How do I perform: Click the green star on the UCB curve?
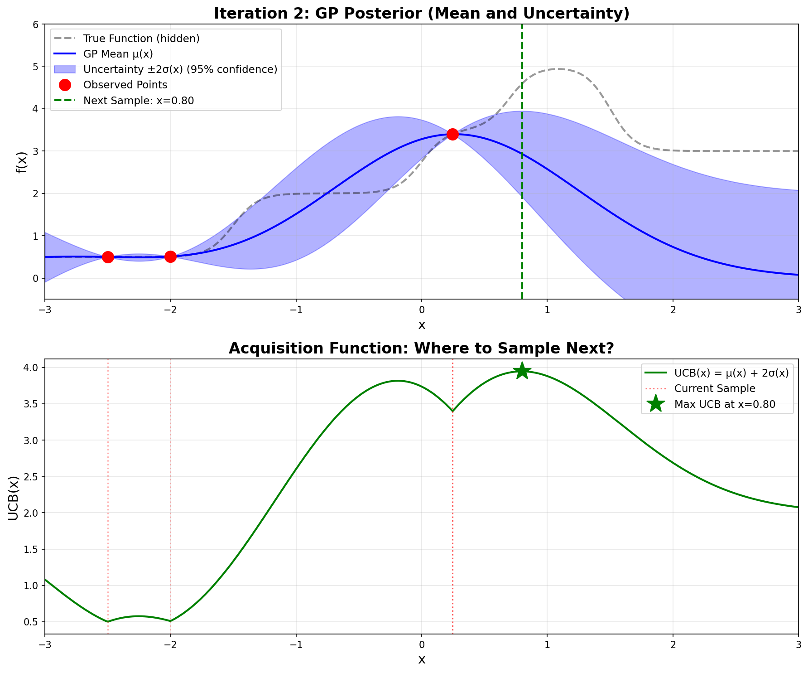pos(522,371)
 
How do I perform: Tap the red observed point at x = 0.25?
pos(452,134)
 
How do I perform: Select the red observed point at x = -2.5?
pos(108,257)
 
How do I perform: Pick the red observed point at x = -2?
pos(170,257)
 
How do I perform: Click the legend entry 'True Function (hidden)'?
pos(141,39)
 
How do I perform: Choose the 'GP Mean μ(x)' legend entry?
pos(118,54)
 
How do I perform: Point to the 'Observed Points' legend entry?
pos(125,85)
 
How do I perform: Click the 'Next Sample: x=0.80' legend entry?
pos(138,101)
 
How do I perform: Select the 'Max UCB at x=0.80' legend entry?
pos(724,404)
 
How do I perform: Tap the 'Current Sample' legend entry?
pos(714,388)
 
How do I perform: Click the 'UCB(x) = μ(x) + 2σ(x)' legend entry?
pos(731,373)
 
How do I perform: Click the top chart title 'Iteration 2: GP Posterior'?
pos(421,14)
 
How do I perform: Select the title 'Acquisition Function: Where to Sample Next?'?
pos(421,348)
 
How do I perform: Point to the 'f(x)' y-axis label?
pos(21,162)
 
